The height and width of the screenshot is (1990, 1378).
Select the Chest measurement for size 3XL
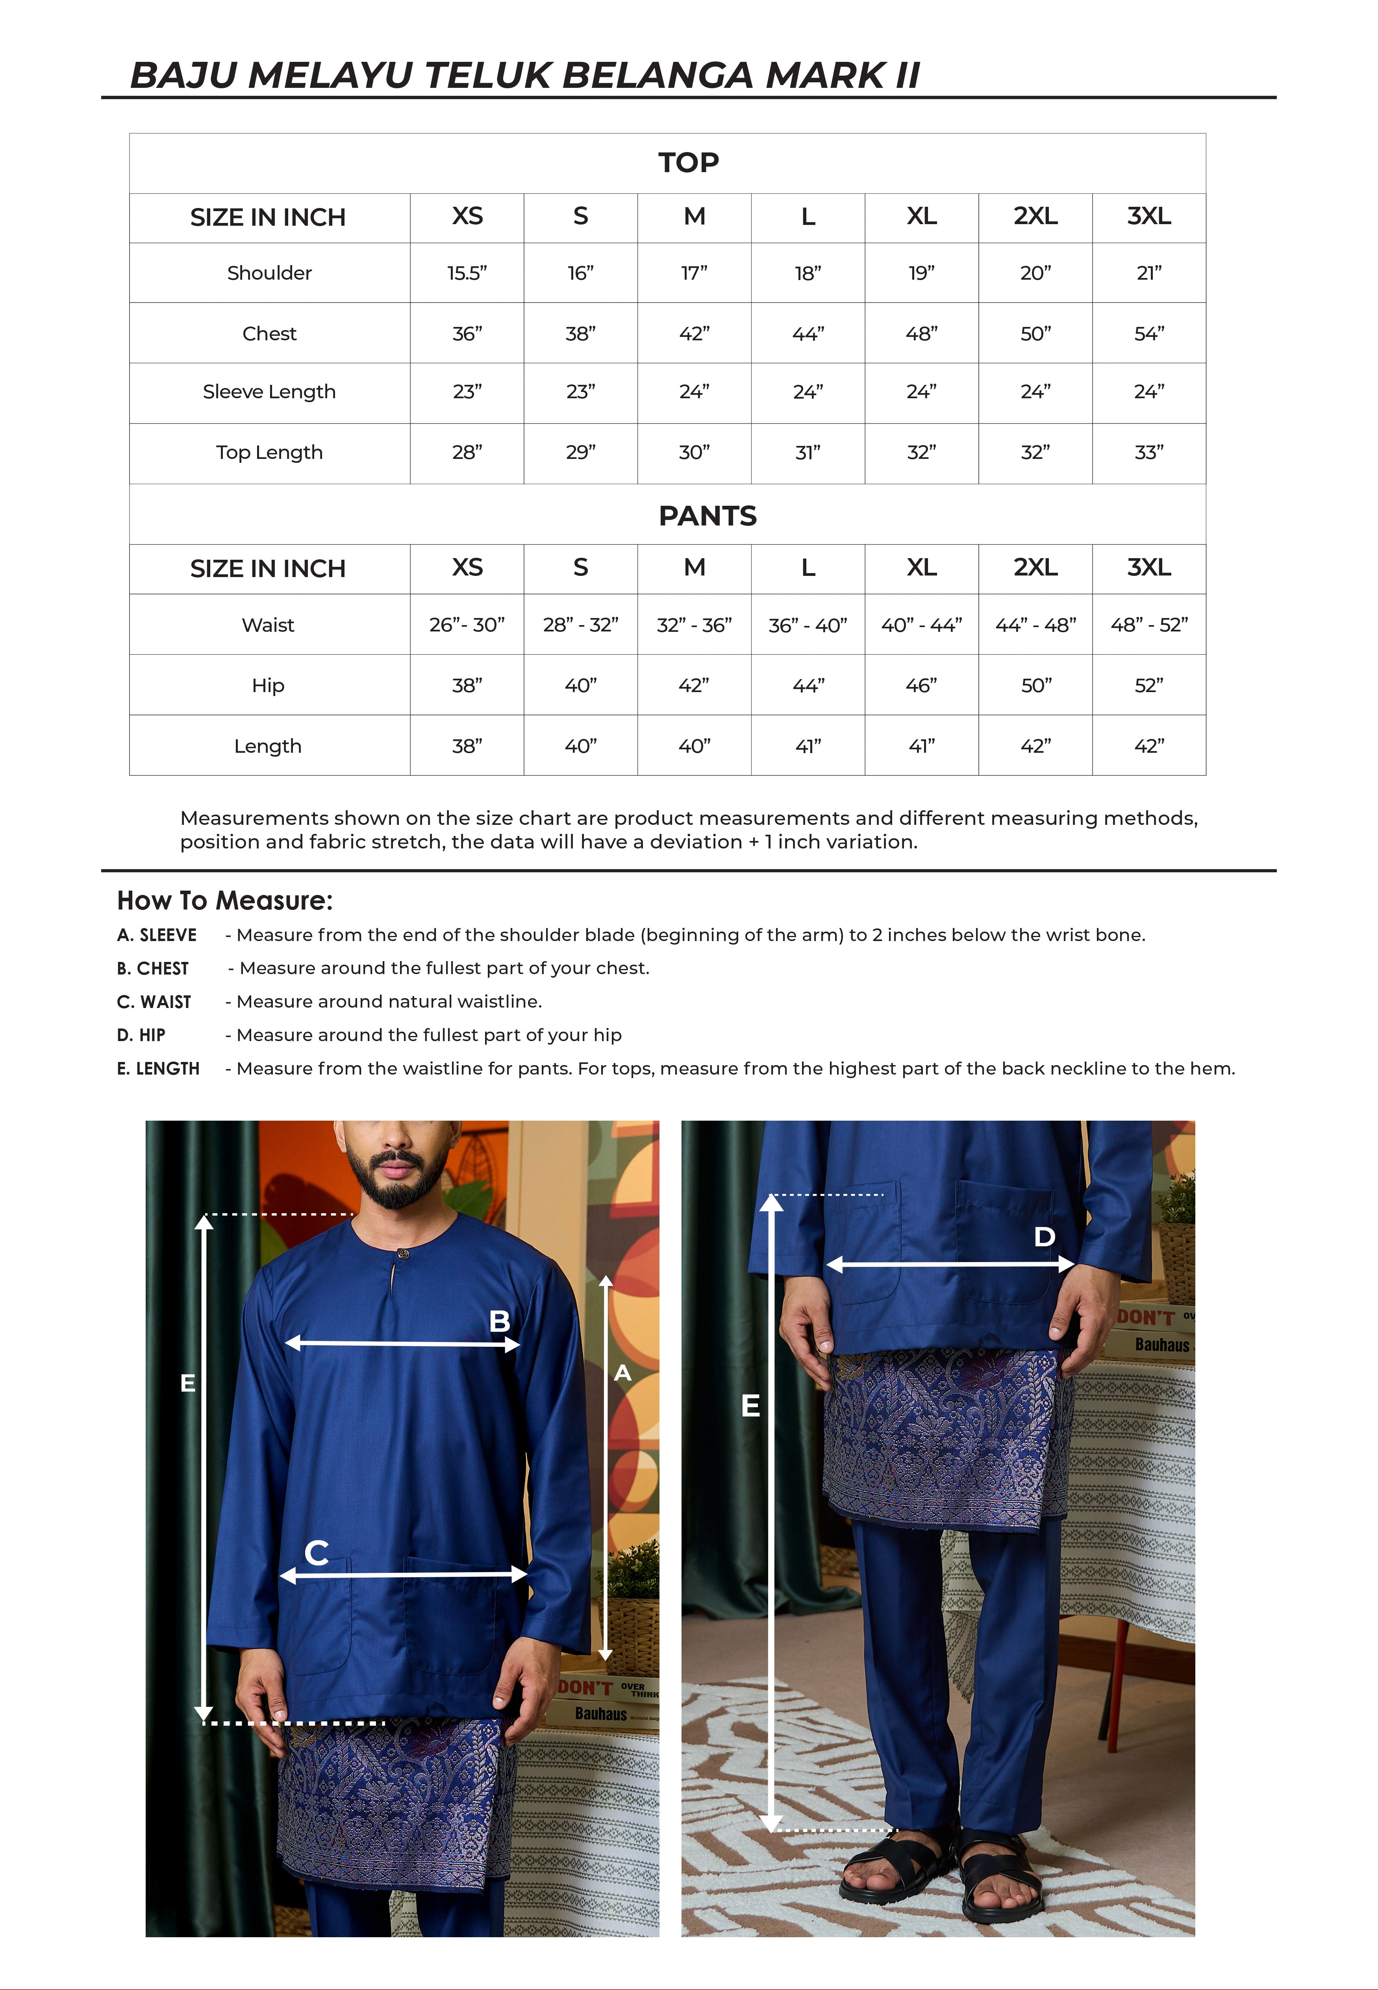coord(1148,333)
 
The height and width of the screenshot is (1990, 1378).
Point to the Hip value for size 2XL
coord(1035,685)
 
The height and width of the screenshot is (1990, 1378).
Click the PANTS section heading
coord(707,516)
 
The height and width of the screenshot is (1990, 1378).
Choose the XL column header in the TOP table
coord(921,216)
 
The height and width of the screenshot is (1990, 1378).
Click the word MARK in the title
coord(824,76)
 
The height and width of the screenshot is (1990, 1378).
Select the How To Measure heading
coord(224,901)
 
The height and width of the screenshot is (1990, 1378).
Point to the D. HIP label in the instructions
coord(141,1035)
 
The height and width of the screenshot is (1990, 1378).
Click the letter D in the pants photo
coord(1044,1237)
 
